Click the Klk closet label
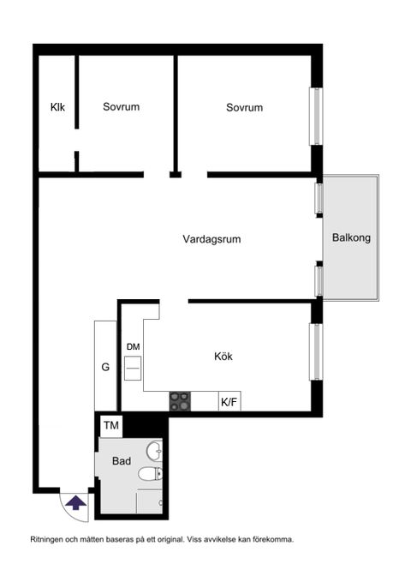click(57, 107)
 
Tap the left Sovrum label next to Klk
click(121, 107)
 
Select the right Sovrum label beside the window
click(244, 107)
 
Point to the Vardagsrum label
click(211, 239)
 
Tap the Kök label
click(223, 357)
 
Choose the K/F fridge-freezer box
click(229, 401)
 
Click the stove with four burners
click(180, 401)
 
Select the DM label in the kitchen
click(133, 346)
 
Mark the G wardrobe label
click(105, 367)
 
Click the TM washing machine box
click(111, 425)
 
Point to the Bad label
click(122, 461)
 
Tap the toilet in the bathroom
click(149, 473)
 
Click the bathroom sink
click(153, 451)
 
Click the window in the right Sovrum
click(316, 116)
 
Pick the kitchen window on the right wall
click(316, 351)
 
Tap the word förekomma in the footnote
click(271, 540)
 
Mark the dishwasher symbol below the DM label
click(133, 369)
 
